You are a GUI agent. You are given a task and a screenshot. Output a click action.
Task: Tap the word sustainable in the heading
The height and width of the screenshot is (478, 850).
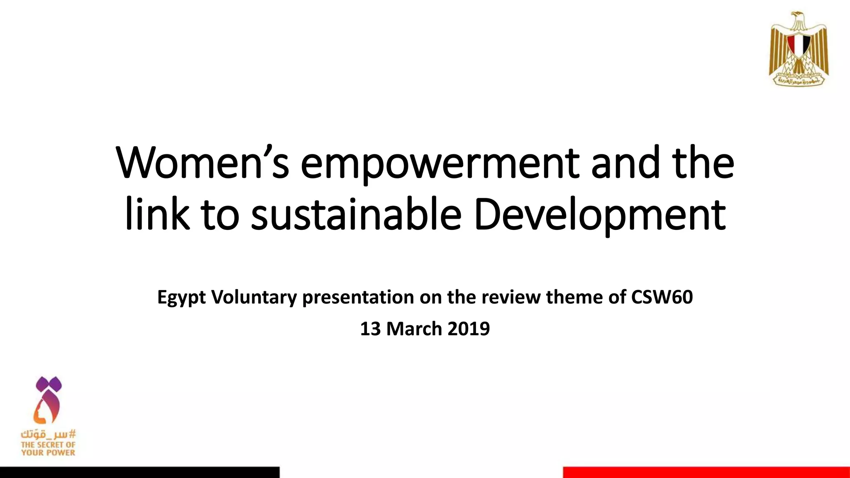tap(356, 215)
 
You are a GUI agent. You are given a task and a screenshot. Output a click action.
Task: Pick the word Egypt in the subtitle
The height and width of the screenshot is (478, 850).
tap(181, 298)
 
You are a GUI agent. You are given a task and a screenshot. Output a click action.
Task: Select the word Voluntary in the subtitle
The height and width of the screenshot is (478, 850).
tap(254, 297)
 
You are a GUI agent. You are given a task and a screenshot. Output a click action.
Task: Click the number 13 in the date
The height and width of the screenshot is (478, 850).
tap(370, 329)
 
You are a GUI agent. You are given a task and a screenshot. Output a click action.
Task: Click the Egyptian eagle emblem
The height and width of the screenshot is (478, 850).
tap(799, 49)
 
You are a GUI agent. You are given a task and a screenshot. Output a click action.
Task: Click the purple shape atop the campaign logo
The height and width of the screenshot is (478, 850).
tap(49, 384)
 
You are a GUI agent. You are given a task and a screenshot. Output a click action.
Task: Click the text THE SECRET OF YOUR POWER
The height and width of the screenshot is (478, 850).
tap(49, 449)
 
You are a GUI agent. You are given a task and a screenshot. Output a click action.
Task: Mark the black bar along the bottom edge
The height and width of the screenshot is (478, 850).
tap(139, 472)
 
